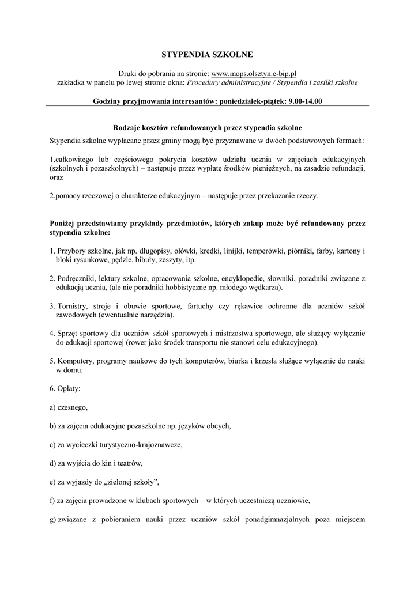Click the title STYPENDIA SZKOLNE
pyautogui.click(x=206, y=55)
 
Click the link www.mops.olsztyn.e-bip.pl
pyautogui.click(x=254, y=74)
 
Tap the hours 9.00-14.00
pyautogui.click(x=306, y=101)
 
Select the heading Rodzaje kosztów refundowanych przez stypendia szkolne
pyautogui.click(x=206, y=127)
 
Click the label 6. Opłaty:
pyautogui.click(x=65, y=389)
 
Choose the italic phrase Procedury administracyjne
pyautogui.click(x=230, y=82)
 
